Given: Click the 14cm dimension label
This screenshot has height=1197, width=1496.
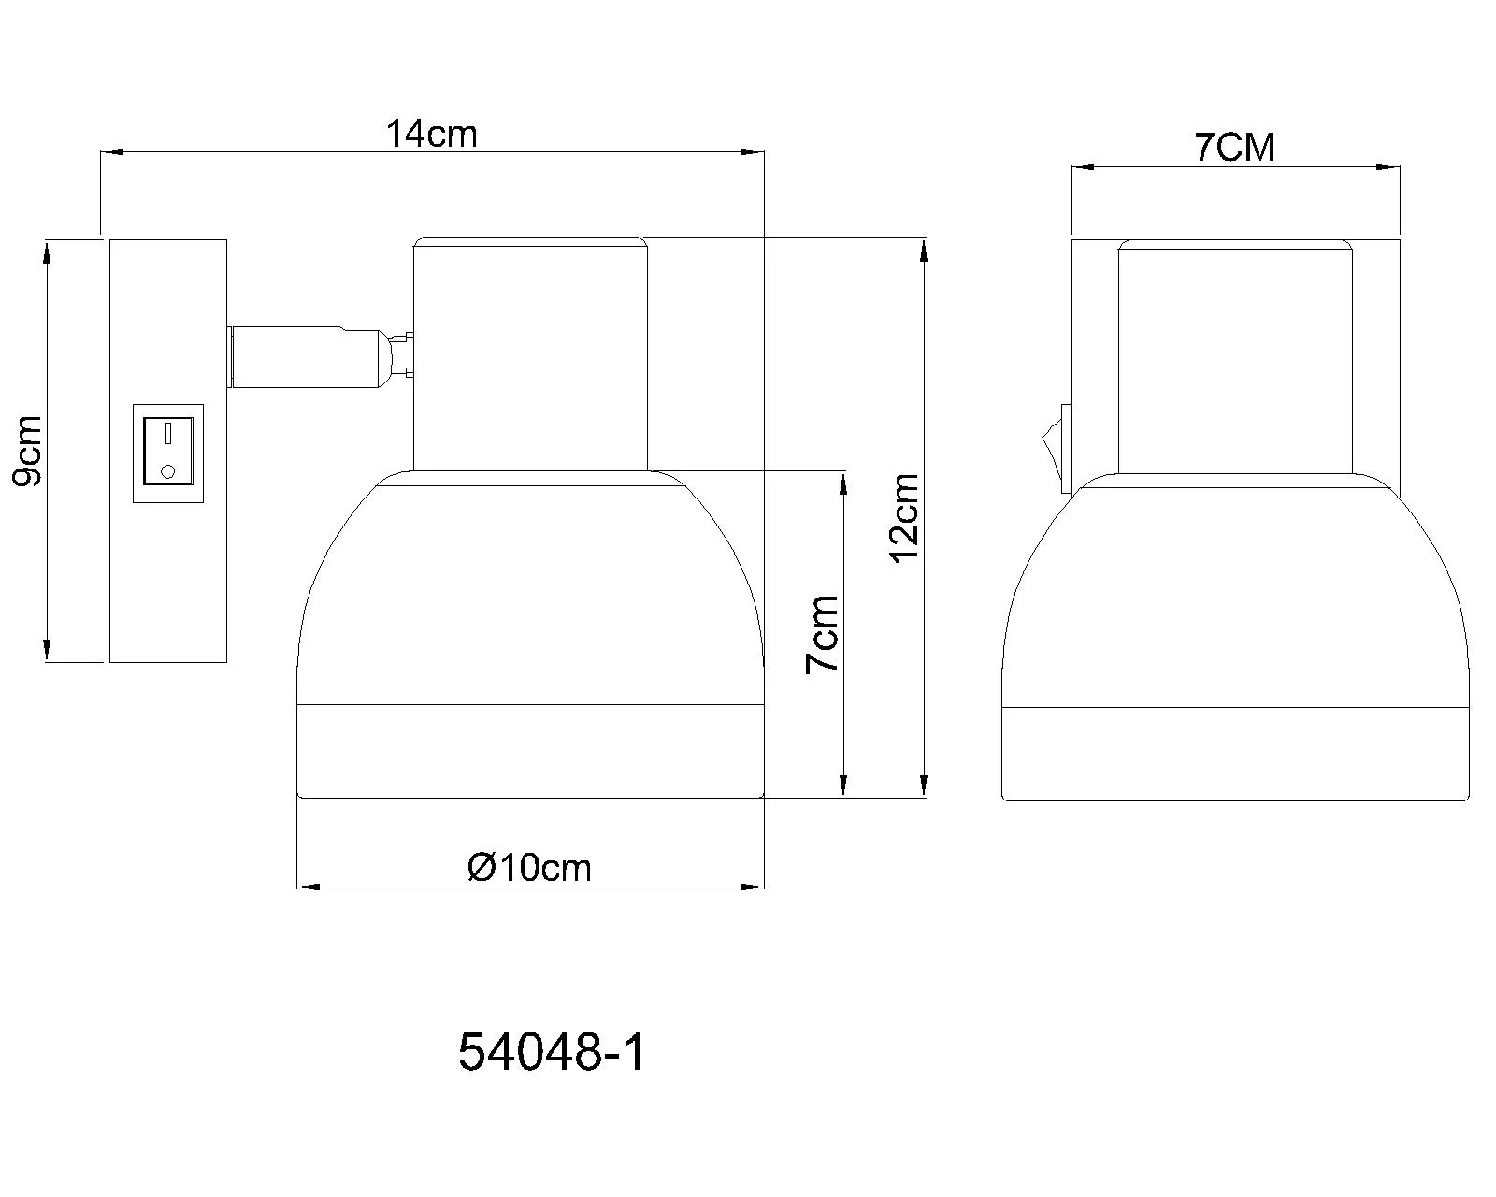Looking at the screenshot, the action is (x=431, y=134).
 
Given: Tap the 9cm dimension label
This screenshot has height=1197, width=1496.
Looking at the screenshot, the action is (x=28, y=452).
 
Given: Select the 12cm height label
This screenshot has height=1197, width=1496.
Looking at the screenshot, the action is (x=904, y=517).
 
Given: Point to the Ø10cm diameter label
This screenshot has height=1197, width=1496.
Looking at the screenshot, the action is (x=529, y=867).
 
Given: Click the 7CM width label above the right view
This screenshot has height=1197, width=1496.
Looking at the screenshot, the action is (x=1234, y=148).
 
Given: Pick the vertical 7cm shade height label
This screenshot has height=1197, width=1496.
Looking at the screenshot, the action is (x=822, y=634).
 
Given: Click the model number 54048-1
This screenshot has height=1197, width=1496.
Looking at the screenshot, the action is (x=552, y=1052).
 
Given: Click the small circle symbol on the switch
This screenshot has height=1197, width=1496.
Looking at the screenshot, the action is (x=167, y=471).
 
